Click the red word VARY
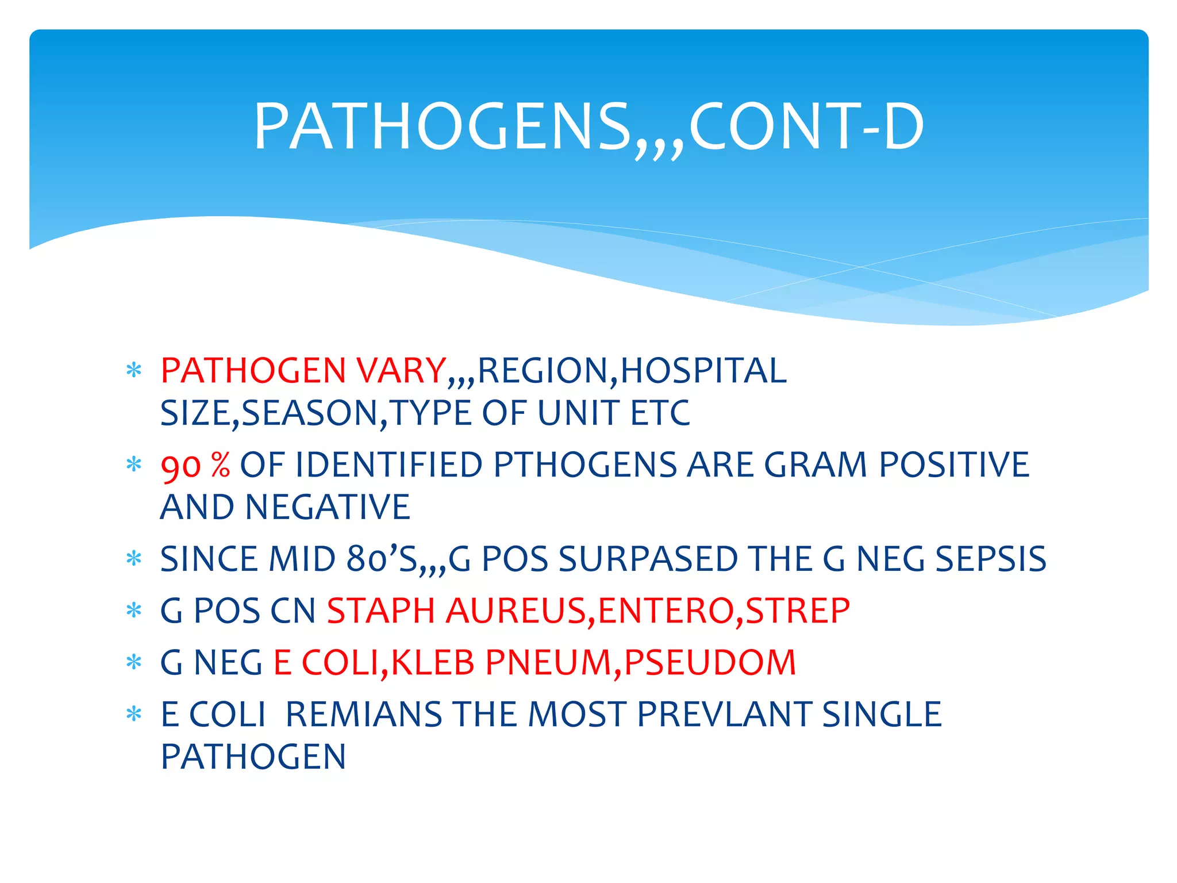pyautogui.click(x=401, y=370)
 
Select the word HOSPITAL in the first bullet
pyautogui.click(x=703, y=370)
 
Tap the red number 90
pyautogui.click(x=180, y=466)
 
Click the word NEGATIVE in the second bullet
pyautogui.click(x=328, y=507)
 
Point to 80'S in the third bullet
pyautogui.click(x=382, y=559)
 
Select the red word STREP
pyautogui.click(x=797, y=611)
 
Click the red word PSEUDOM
pyautogui.click(x=710, y=662)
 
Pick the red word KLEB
pyautogui.click(x=432, y=662)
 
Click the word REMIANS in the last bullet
pyautogui.click(x=363, y=714)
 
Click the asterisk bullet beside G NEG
pyautogui.click(x=134, y=663)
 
